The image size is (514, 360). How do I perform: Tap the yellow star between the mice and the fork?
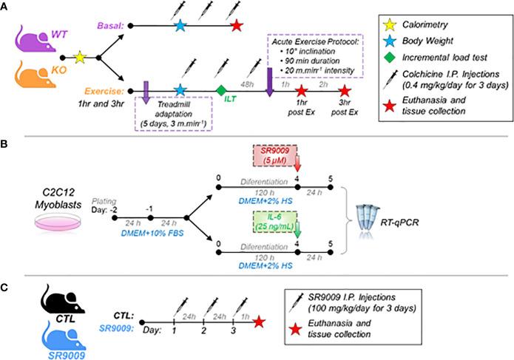81,56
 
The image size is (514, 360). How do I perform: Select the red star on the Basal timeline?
235,26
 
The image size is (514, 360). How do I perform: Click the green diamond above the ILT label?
221,89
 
